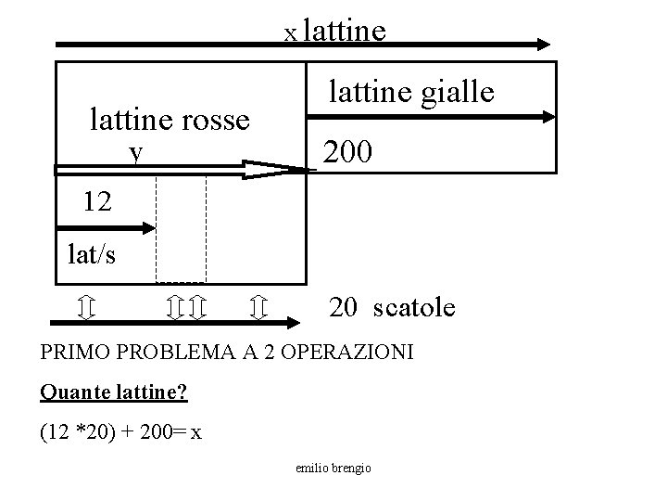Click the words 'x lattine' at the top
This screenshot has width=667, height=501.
(334, 32)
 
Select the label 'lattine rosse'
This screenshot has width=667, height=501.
(170, 120)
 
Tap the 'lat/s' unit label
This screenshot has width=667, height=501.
(92, 253)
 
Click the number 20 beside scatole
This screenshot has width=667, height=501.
(344, 307)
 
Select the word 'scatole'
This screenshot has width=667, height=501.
(414, 307)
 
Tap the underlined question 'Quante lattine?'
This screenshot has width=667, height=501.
(114, 392)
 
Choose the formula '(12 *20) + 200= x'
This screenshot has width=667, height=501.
(121, 432)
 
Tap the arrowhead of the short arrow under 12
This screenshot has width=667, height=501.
(147, 226)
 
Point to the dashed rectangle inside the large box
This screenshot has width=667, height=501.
(181, 227)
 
